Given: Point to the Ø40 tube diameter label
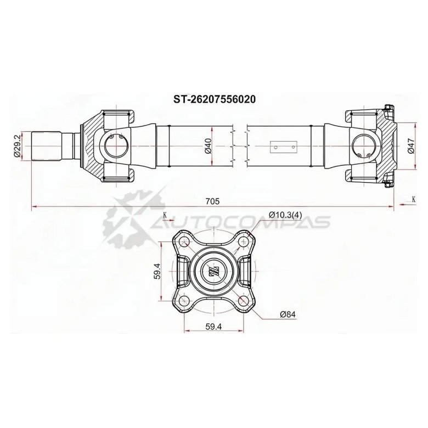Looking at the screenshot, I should pyautogui.click(x=208, y=147).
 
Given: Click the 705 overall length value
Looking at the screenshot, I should pyautogui.click(x=213, y=201).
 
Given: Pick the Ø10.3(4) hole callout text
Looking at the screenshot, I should pyautogui.click(x=285, y=215).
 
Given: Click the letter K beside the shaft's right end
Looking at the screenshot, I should pyautogui.click(x=413, y=199).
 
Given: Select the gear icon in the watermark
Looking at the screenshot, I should pyautogui.click(x=127, y=217).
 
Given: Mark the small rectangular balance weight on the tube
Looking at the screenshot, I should pyautogui.click(x=285, y=147).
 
